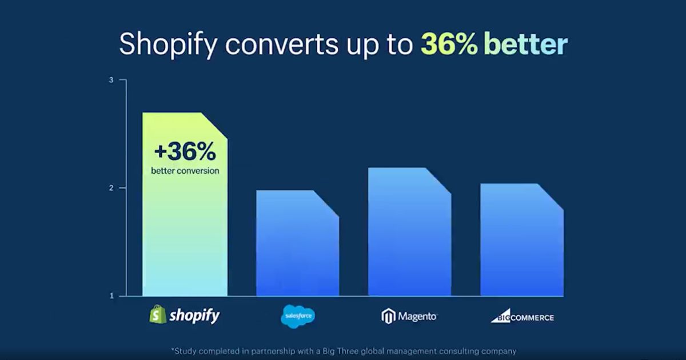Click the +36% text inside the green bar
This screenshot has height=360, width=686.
(185, 152)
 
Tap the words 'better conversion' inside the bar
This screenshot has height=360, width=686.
(185, 170)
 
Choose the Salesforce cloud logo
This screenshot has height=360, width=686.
(297, 315)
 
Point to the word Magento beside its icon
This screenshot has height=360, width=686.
(417, 316)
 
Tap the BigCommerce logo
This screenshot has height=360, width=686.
(522, 317)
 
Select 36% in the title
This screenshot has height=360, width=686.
(449, 45)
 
